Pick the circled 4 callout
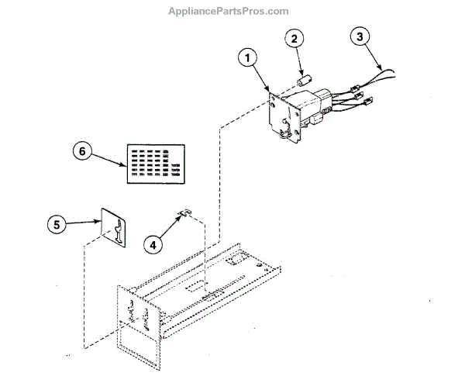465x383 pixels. click(153, 243)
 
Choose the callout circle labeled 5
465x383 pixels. click(55, 225)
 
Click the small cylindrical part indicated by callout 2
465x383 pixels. click(306, 80)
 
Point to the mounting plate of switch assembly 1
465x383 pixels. click(281, 115)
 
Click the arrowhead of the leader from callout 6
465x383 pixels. click(126, 165)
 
